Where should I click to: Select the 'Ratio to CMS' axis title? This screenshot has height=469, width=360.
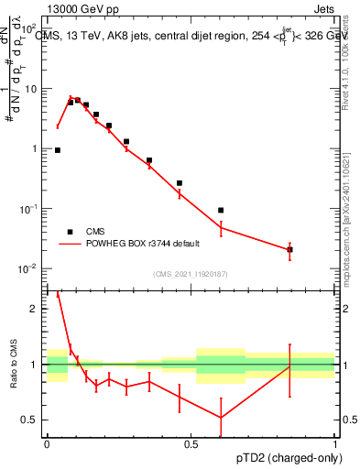(15, 365)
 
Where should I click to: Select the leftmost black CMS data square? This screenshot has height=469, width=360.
(58, 150)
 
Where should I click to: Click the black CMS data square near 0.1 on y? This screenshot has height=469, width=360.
(221, 211)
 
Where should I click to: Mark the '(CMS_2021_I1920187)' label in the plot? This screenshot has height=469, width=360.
(191, 274)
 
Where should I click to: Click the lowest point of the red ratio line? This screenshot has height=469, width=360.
(221, 418)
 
